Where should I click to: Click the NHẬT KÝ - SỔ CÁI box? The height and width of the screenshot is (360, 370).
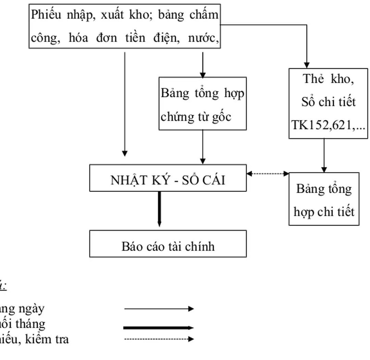tap(168, 178)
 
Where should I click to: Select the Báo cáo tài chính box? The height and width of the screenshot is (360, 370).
tap(168, 244)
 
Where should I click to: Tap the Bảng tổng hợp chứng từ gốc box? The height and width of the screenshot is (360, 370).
tap(202, 104)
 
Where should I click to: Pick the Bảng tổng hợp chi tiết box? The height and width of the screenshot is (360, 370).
tap(324, 199)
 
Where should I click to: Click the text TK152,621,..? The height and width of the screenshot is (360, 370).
tap(328, 125)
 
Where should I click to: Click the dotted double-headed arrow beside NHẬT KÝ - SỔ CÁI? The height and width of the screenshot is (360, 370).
tap(268, 174)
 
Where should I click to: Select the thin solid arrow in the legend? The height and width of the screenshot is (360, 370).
tap(159, 309)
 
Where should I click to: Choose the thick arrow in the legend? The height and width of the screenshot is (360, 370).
tap(159, 328)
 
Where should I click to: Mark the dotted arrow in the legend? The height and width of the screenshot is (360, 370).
tap(159, 339)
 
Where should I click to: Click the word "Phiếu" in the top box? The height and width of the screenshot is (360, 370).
tap(45, 15)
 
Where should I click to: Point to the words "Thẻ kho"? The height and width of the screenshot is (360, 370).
tap(328, 79)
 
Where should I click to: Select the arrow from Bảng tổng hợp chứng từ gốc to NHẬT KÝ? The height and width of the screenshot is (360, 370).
tap(202, 147)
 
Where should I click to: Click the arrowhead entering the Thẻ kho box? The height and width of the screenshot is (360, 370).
tap(307, 65)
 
